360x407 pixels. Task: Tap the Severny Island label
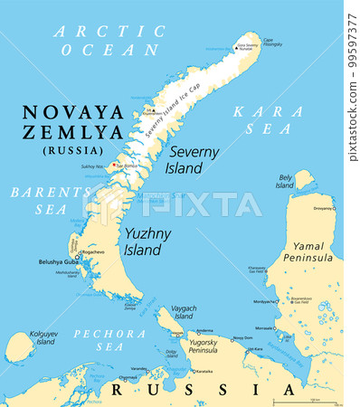(194, 159)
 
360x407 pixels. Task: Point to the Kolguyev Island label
(46, 338)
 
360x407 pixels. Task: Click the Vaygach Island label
(184, 313)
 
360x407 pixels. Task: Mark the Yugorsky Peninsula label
(211, 350)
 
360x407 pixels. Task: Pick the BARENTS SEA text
(40, 200)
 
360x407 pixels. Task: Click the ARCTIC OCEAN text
(109, 41)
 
